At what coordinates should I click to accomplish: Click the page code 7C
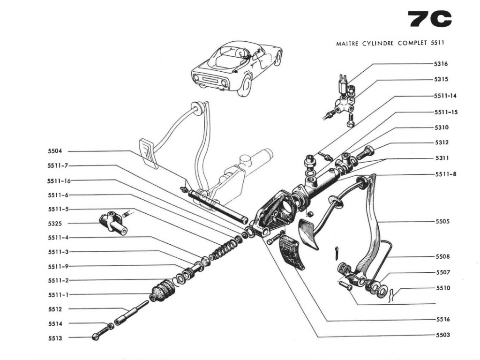430,19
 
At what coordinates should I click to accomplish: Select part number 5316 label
441,64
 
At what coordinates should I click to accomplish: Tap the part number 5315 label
441,79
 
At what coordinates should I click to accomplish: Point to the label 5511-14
445,96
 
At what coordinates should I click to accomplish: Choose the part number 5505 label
442,221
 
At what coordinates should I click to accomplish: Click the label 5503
442,335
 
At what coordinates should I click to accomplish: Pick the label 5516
442,320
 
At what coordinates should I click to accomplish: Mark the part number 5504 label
55,151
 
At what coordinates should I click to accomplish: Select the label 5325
55,224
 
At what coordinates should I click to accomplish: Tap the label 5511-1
58,295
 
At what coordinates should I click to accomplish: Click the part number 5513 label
55,338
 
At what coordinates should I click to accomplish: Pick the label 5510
442,288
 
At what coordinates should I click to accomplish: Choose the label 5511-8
445,174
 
